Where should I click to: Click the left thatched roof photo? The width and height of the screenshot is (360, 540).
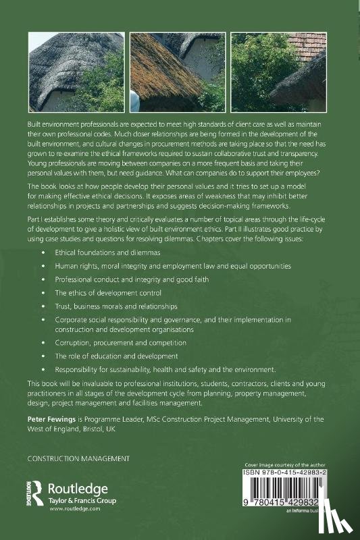point(76,72)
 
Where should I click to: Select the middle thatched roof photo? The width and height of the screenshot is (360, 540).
point(178,72)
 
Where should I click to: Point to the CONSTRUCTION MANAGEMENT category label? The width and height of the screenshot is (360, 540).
point(78,459)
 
